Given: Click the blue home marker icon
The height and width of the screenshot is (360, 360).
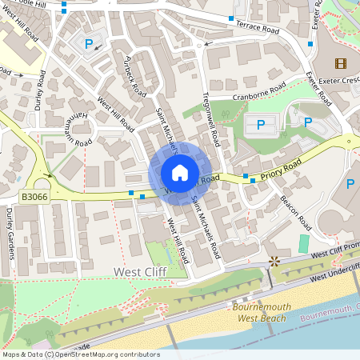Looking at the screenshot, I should click(x=180, y=173).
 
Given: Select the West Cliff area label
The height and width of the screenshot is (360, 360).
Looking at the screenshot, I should click(x=141, y=272).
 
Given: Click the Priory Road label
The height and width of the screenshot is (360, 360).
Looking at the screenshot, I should click(x=279, y=169).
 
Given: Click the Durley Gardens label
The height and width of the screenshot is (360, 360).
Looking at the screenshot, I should click(x=10, y=234).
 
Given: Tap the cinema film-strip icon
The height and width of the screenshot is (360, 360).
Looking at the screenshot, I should click(x=342, y=63).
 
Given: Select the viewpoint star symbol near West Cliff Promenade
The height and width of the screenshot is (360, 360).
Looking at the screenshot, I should click(x=275, y=261).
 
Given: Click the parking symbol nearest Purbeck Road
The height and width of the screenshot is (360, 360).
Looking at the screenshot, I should click(x=89, y=45).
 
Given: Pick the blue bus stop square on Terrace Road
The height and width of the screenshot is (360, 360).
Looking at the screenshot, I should click(x=231, y=18).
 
